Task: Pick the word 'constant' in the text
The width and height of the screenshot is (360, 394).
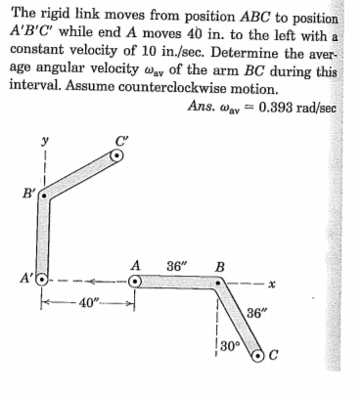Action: (40, 47)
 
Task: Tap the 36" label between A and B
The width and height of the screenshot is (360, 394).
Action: (179, 266)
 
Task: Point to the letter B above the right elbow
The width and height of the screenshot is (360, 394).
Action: (220, 266)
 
